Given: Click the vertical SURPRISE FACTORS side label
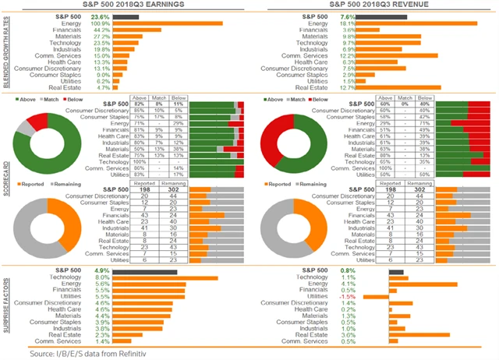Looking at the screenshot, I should pos(6,302).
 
